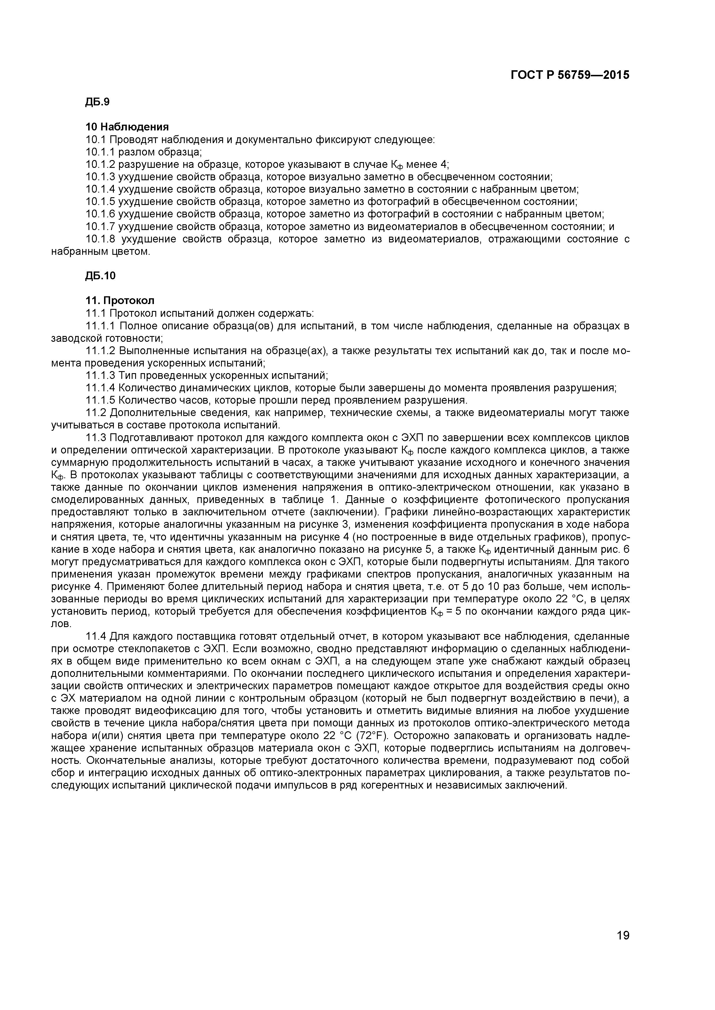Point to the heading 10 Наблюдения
127,127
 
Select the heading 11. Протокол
120,301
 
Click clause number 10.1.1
100,152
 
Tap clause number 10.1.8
100,239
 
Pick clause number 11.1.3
100,376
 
